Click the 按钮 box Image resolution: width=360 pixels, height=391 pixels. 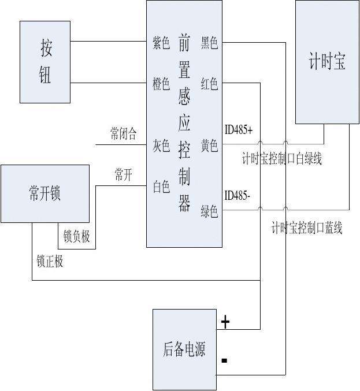45,62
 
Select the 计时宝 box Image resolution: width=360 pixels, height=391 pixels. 327,62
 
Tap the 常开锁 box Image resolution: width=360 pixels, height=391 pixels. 45,193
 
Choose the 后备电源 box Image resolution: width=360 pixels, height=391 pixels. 184,349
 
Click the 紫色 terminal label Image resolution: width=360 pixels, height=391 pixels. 161,43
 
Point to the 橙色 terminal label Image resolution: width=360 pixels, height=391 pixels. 161,84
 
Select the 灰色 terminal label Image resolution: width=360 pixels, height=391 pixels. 161,145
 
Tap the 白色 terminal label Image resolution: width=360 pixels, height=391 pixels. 161,187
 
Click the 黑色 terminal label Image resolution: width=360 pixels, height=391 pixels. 209,43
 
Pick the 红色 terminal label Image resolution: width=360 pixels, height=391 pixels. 209,84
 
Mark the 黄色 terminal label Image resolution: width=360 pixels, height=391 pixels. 209,146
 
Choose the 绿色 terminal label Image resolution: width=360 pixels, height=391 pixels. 209,211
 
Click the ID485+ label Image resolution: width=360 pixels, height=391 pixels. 239,131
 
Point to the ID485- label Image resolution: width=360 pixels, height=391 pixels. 237,195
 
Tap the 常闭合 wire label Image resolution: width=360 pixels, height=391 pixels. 124,135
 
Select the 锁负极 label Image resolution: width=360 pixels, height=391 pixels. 77,237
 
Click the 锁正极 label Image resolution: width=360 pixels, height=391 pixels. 50,262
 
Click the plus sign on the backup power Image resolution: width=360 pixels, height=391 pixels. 225,322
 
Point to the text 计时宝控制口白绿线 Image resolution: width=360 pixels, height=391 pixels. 282,159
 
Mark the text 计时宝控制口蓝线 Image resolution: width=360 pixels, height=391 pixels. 307,228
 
